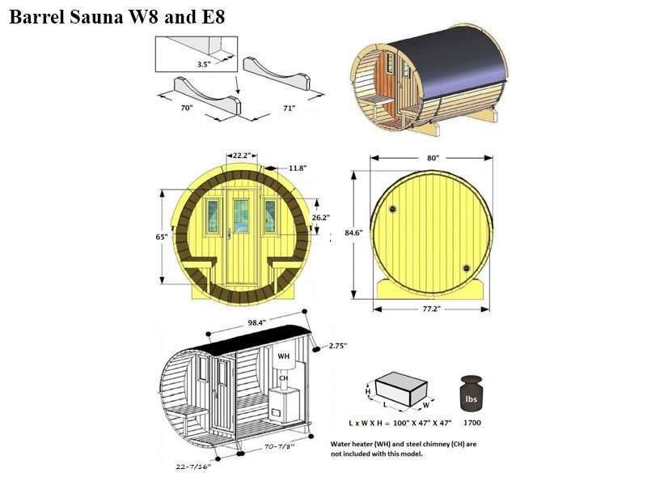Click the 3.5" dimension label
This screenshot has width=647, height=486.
tap(204, 64)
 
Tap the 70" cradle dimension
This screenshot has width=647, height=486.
tap(187, 108)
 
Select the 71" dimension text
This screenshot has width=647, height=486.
tap(290, 108)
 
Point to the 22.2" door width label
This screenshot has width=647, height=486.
tap(242, 156)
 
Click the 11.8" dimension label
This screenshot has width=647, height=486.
tap(298, 168)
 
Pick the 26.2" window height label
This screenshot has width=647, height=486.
tap(320, 217)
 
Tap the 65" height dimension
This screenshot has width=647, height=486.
tap(161, 237)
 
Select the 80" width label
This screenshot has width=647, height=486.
tap(433, 158)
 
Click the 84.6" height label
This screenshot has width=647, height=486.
tap(353, 232)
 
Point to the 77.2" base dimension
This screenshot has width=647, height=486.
tap(432, 309)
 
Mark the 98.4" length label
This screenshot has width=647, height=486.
tap(256, 322)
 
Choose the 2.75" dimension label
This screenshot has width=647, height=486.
tap(338, 346)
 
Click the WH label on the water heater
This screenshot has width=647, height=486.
tap(284, 356)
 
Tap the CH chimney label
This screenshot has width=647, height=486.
tap(284, 378)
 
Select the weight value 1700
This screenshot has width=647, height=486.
tap(472, 423)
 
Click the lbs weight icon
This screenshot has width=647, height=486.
tap(472, 394)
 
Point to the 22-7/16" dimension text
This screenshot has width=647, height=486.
tap(193, 467)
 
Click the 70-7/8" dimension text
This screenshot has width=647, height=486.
tap(279, 447)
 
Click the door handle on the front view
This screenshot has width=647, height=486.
tap(229, 233)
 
